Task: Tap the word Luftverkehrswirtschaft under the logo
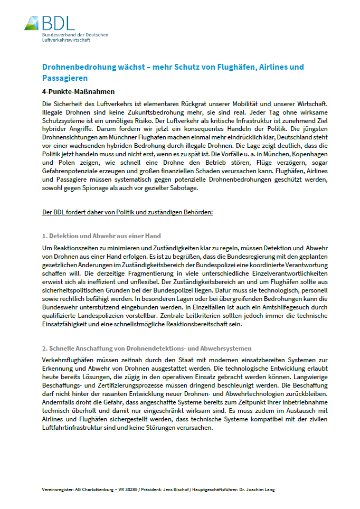(x=67, y=40)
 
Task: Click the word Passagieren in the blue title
(x=65, y=78)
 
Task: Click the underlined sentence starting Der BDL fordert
(x=127, y=212)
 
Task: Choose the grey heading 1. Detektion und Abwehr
(x=101, y=235)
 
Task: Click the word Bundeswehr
(x=60, y=307)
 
